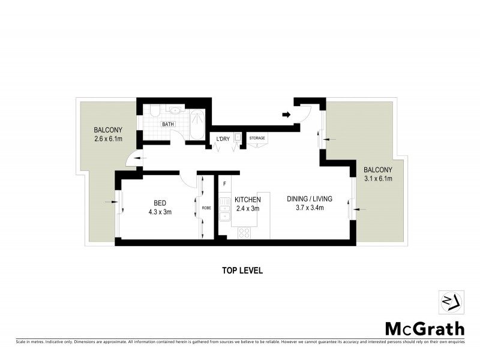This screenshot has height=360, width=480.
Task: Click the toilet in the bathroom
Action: [154, 111]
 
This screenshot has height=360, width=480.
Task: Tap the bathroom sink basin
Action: [175, 110]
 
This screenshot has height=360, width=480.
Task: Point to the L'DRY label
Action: [223, 139]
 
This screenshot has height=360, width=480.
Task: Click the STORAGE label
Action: [257, 139]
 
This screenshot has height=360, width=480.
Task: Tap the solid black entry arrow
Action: [286, 114]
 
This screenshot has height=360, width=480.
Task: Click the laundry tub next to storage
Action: [238, 137]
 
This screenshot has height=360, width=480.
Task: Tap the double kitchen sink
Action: [224, 212]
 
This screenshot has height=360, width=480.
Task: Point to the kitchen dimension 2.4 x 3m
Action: [247, 208]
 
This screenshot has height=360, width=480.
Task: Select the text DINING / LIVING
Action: [309, 199]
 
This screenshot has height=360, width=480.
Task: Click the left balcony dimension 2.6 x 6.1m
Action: [108, 139]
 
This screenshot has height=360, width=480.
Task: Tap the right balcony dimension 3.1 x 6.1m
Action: [378, 178]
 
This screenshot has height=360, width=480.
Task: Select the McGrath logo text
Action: [424, 328]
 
